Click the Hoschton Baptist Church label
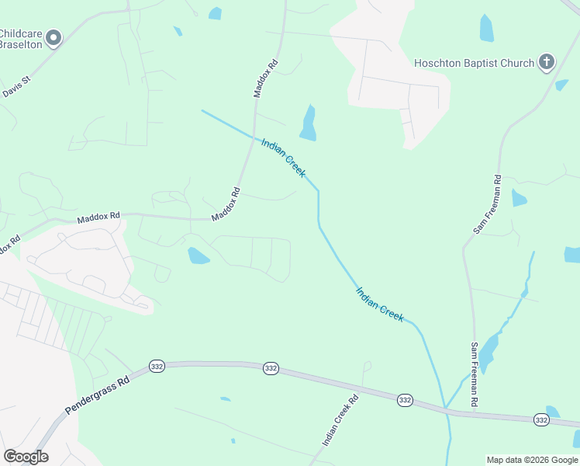click(x=474, y=63)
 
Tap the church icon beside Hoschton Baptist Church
click(x=546, y=62)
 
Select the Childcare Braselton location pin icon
click(x=54, y=38)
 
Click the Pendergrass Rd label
click(x=97, y=395)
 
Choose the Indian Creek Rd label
click(x=340, y=420)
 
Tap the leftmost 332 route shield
click(x=157, y=366)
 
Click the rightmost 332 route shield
click(x=542, y=420)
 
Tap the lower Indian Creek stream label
click(x=379, y=304)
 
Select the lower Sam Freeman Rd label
click(x=475, y=375)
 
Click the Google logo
click(x=26, y=457)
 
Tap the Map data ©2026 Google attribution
click(x=532, y=460)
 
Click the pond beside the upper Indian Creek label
click(x=309, y=123)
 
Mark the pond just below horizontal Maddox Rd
click(x=198, y=256)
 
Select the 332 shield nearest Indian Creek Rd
click(x=404, y=399)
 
